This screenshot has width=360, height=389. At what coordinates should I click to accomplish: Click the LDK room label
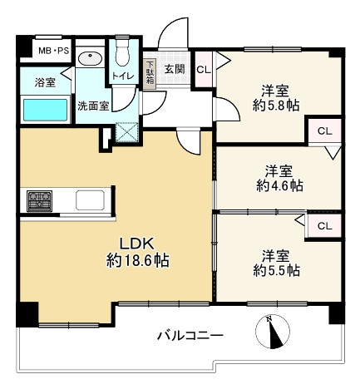tap(137, 244)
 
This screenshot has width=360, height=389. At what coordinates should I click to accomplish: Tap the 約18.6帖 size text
tap(137, 261)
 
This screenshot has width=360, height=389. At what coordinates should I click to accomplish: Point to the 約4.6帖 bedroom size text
tap(274, 185)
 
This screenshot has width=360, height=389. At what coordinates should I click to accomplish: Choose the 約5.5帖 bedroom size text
tap(274, 270)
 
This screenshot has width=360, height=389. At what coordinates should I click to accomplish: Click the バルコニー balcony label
tap(190, 337)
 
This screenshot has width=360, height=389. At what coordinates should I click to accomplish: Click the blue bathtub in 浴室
tap(44, 109)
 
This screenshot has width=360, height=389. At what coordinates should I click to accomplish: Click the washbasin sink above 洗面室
tap(89, 59)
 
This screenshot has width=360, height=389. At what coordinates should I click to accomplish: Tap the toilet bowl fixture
tap(122, 57)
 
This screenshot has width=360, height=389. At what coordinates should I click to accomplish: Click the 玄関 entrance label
tap(174, 70)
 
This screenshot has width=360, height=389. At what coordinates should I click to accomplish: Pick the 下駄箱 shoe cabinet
tap(150, 71)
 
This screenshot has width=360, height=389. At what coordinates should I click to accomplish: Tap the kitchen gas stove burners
tap(39, 200)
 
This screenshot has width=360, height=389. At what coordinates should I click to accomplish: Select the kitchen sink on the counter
tap(89, 200)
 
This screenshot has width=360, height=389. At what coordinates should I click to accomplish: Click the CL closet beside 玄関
tap(203, 71)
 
